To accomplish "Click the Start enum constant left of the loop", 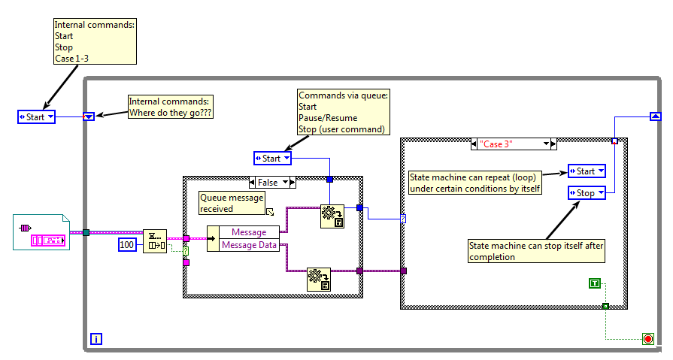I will pos(36,116).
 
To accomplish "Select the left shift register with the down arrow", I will pos(89,116).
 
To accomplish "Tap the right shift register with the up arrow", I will pos(654,116).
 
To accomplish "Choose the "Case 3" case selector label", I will pos(511,144).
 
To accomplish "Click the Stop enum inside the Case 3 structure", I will pos(587,193).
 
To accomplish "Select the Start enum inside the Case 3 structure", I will pos(587,171).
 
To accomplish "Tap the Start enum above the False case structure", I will pos(272,158).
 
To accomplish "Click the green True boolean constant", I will pos(596,283).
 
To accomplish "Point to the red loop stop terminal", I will pos(647,339).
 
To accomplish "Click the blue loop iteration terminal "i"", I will pos(95,339).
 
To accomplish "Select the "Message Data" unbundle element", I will pos(248,245).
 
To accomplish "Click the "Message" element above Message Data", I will pos(248,232).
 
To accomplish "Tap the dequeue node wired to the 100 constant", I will pos(155,241).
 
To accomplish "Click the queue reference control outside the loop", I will pos(41,232).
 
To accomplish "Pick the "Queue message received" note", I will pos(232,203).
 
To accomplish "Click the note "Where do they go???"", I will pos(169,107).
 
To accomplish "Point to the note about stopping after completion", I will pos(536,251).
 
